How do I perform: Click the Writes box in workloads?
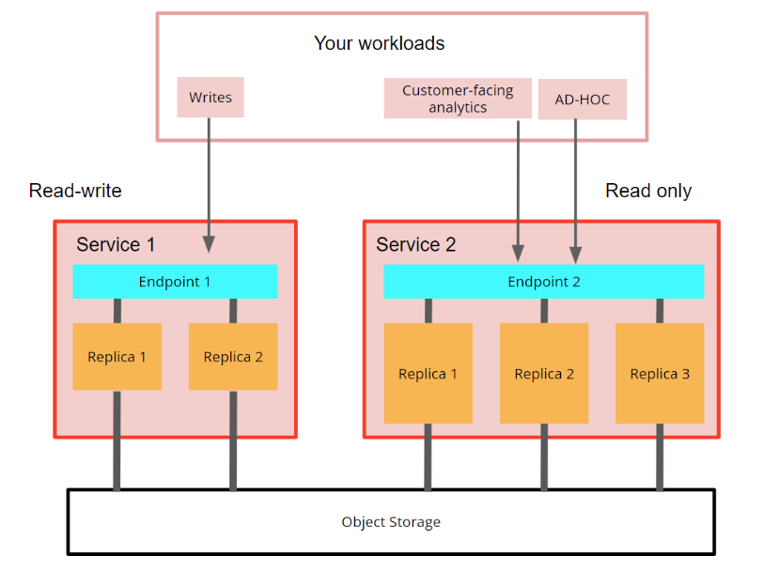point(210,98)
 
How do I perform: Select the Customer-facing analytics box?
point(458,99)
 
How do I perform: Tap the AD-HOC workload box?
point(582,100)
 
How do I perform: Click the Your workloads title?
point(379,43)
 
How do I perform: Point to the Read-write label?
point(75,191)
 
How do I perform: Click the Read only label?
point(648,191)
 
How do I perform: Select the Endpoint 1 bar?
point(175,281)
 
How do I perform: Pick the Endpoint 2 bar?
point(543,281)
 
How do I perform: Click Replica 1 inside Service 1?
point(117,357)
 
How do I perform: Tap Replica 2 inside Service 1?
point(233,357)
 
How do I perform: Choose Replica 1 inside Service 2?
point(428,374)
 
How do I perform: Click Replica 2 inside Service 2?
point(544,374)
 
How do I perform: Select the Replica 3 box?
point(660,374)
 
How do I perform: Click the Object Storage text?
point(391,522)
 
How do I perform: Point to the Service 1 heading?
point(116,245)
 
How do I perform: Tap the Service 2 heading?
point(416,245)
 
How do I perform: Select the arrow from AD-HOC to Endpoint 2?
point(576,188)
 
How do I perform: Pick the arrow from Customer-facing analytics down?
point(518,188)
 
